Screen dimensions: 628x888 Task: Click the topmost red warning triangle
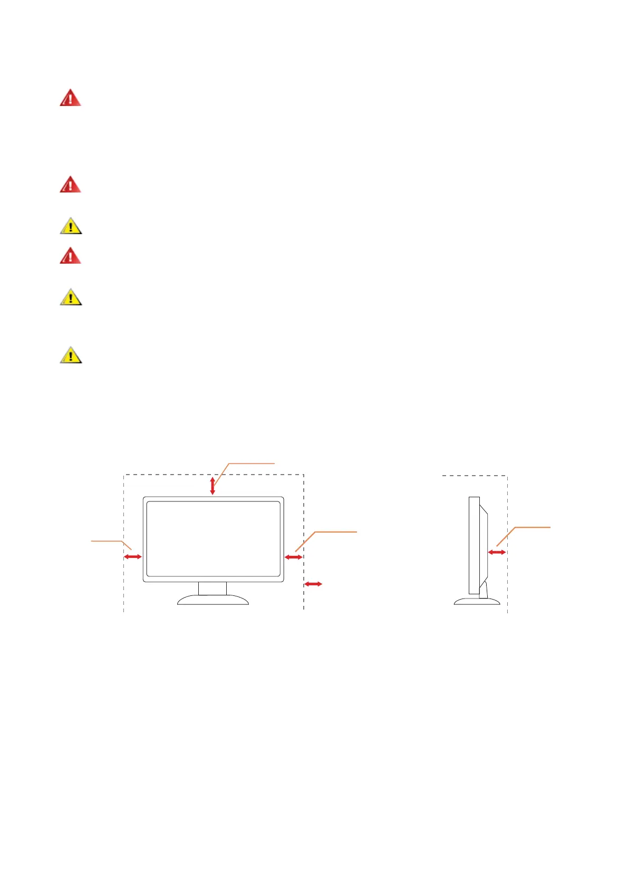point(70,98)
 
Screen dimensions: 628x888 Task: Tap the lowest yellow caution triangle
point(71,355)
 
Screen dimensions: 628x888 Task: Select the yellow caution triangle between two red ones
point(71,226)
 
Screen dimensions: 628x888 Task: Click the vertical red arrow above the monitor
point(212,486)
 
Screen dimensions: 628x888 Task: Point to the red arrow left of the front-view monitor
point(133,556)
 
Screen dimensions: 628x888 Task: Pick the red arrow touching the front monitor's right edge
point(293,557)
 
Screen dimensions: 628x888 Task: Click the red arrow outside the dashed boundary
point(313,584)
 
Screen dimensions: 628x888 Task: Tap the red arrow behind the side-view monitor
point(497,552)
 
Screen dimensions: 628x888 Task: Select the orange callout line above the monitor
point(248,464)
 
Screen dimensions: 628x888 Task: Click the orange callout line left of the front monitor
point(108,540)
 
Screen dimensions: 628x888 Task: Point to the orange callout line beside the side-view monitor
point(527,527)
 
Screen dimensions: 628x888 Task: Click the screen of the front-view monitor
point(213,538)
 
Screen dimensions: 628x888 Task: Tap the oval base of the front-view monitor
point(213,600)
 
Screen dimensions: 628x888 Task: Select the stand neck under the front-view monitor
point(212,588)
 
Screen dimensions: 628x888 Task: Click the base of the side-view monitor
point(477,601)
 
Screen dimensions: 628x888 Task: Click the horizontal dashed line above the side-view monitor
point(475,476)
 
